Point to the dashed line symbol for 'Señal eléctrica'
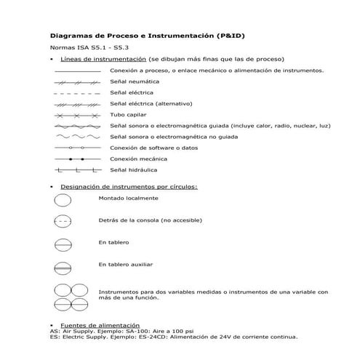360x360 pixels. click(x=77, y=93)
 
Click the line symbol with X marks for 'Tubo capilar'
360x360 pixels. click(x=77, y=115)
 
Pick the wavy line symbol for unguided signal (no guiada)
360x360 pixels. click(x=77, y=137)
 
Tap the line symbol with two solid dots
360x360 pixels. click(x=77, y=159)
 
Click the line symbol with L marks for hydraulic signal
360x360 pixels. click(x=77, y=170)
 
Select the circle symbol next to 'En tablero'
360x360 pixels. click(x=63, y=244)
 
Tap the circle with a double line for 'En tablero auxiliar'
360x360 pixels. click(x=63, y=266)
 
